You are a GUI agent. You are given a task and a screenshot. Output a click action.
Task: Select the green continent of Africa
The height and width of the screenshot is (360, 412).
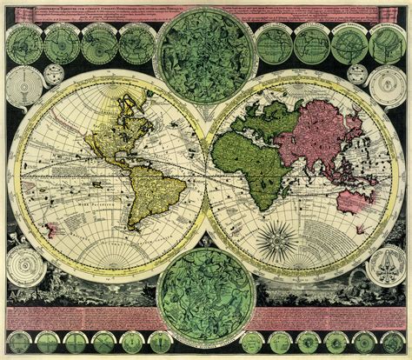257,161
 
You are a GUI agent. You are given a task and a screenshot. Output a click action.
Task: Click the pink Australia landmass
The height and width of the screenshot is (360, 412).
354,202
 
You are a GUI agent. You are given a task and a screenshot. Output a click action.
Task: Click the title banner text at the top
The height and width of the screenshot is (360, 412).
206,9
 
